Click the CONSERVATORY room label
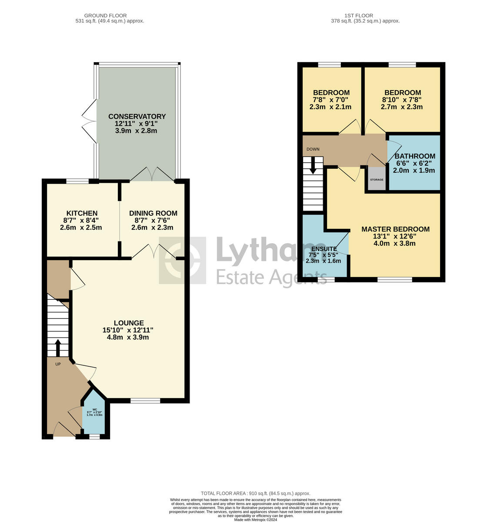[137, 117]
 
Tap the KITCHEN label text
[82, 213]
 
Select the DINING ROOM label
[153, 213]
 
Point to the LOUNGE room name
[129, 323]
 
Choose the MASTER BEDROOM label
[395, 229]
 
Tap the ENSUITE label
[324, 249]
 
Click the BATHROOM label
[414, 157]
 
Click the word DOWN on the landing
[313, 149]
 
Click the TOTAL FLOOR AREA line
[255, 493]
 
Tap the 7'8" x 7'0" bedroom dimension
[331, 100]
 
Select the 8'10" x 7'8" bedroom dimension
[403, 100]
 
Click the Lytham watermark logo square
[183, 260]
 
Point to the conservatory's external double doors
[90, 122]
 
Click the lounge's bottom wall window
[145, 401]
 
